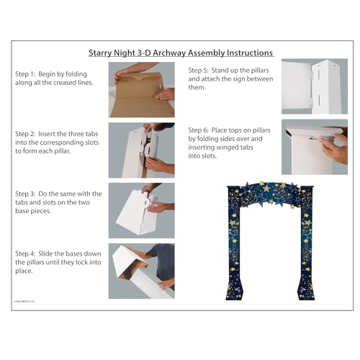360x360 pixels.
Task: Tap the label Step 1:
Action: [x=28, y=74]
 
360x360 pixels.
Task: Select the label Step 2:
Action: [x=28, y=133]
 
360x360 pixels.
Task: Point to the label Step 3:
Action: [x=28, y=194]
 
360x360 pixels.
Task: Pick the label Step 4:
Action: [x=28, y=253]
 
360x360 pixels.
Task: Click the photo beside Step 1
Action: [x=141, y=89]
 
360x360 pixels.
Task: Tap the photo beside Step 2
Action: [x=141, y=150]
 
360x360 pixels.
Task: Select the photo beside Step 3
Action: [x=141, y=210]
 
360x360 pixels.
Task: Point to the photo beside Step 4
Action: [x=141, y=271]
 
